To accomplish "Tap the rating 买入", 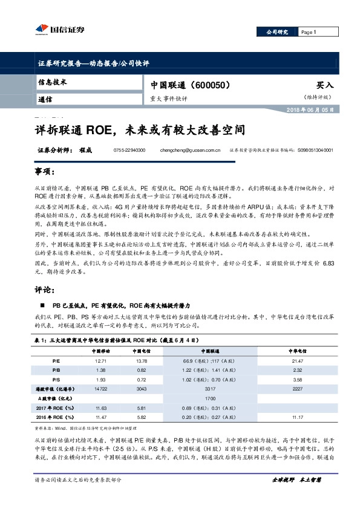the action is point(325,86).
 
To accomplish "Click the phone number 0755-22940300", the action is point(129,150).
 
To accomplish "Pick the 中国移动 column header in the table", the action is point(100,350).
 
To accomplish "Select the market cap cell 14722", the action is point(100,390).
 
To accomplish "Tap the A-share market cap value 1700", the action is point(211,399).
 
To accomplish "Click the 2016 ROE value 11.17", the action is point(297,418).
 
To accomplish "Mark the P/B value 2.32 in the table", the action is point(297,370).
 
